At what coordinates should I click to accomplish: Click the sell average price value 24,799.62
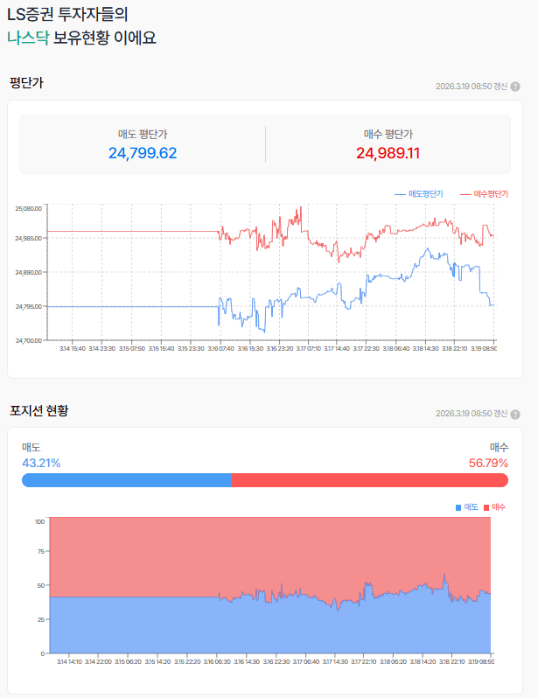(143, 153)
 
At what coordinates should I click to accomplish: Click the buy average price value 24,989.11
(388, 153)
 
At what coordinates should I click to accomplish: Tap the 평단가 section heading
(26, 83)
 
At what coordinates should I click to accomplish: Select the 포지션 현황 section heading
(39, 410)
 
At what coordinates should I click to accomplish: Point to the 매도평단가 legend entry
(420, 193)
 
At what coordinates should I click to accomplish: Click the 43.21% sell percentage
(41, 463)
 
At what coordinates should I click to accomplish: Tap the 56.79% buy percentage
(488, 463)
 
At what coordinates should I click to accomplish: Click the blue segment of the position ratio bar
(127, 479)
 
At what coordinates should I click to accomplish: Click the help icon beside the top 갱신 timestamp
(515, 87)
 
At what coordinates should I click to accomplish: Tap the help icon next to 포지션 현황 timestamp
(515, 414)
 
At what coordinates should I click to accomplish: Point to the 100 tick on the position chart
(39, 521)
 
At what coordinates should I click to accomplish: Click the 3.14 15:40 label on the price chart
(72, 349)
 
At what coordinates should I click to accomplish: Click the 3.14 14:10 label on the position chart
(70, 662)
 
